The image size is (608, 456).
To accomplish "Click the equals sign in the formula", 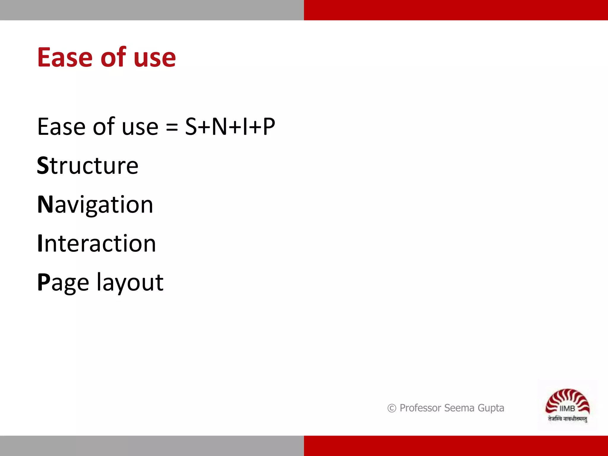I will [172, 127].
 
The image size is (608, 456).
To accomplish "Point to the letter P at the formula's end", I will [269, 127].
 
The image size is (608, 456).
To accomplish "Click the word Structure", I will [88, 166].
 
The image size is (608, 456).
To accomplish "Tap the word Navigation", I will [95, 205].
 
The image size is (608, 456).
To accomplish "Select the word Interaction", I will [96, 243].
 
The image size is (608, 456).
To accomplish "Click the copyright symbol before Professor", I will [392, 408].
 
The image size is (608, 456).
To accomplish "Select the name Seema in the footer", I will [459, 408].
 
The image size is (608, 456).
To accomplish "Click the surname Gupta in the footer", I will [491, 408].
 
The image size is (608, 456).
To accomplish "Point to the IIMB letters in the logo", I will [567, 408].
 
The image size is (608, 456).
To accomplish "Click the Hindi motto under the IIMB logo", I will [567, 419].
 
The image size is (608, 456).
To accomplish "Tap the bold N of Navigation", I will [45, 205].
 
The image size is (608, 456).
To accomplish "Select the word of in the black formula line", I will [104, 127].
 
